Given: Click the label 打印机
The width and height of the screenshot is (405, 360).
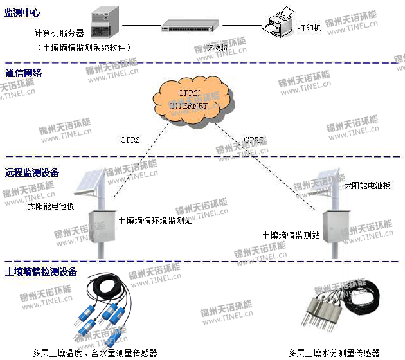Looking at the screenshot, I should point(309,28).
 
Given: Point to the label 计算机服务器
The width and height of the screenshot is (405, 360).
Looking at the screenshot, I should point(59,33).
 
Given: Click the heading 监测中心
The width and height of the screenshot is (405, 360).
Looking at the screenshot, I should point(22,13).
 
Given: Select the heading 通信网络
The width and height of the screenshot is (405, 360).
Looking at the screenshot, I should point(24,73).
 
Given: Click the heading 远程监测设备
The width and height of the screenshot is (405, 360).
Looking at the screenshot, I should point(32,172).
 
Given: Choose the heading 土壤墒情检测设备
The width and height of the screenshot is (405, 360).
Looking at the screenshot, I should point(40,272).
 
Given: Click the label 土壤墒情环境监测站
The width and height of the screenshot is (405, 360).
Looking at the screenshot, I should point(155,221).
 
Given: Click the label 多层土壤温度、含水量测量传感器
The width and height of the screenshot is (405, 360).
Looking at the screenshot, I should point(94,352).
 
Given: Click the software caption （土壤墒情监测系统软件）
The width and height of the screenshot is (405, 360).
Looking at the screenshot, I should point(84,48).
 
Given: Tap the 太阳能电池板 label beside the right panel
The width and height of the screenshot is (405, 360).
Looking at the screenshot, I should point(367,185).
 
